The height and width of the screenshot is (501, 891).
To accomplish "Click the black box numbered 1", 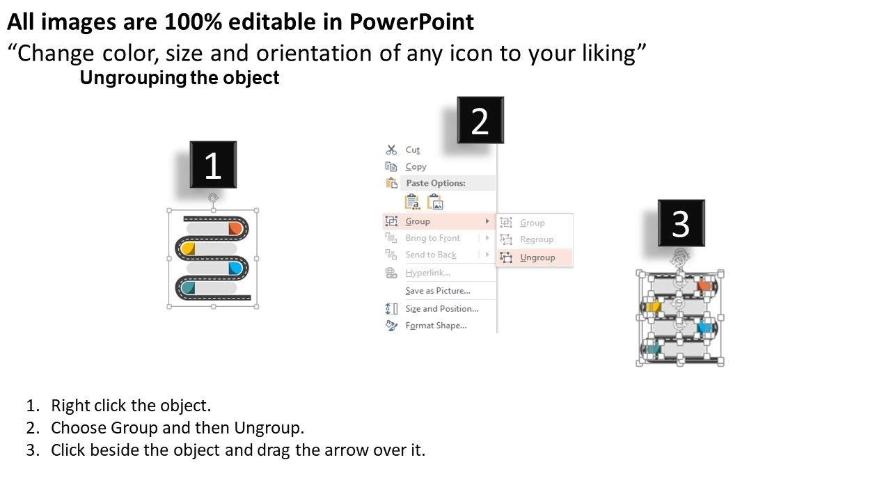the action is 213,164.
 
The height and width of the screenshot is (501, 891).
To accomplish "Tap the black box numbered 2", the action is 480,120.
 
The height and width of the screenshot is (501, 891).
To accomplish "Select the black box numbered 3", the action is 681,223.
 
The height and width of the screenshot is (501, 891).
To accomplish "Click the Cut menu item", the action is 413,150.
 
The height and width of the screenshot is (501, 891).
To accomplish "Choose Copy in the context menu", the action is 416,166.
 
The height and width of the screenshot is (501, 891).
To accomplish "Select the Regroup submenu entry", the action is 537,239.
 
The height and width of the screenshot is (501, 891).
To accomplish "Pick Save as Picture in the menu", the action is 438,291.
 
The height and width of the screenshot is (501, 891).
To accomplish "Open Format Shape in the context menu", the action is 436,325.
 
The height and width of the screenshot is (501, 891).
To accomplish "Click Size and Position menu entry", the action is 441,308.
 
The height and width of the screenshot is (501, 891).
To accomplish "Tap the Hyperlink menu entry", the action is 427,273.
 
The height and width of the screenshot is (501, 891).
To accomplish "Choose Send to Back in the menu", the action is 431,255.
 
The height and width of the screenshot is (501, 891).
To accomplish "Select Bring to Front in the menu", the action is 432,238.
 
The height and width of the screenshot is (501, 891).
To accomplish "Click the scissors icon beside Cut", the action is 391,150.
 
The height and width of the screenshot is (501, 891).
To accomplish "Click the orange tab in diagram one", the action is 235,229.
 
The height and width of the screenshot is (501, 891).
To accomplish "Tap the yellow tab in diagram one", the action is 188,248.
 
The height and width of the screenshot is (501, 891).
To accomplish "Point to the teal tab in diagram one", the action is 188,287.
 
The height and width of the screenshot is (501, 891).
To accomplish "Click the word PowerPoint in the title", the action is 411,22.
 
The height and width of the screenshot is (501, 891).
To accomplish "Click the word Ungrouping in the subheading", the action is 133,78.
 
